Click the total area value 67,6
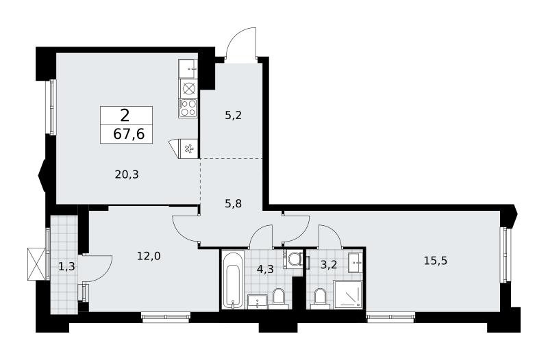[x=129, y=133]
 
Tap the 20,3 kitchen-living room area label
[x=127, y=175]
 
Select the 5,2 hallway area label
[x=233, y=115]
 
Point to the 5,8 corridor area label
[x=233, y=203]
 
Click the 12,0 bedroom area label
[x=149, y=256]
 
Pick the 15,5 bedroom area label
[x=436, y=261]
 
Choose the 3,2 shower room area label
[x=329, y=265]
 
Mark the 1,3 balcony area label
[x=66, y=267]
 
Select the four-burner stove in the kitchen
[x=188, y=108]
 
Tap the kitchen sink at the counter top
[x=188, y=69]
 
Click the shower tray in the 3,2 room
[x=348, y=295]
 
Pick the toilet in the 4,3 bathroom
[x=279, y=299]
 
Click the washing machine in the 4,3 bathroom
[x=293, y=259]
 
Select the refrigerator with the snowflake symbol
[x=186, y=149]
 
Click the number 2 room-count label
[x=125, y=115]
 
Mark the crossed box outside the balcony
[x=36, y=263]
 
